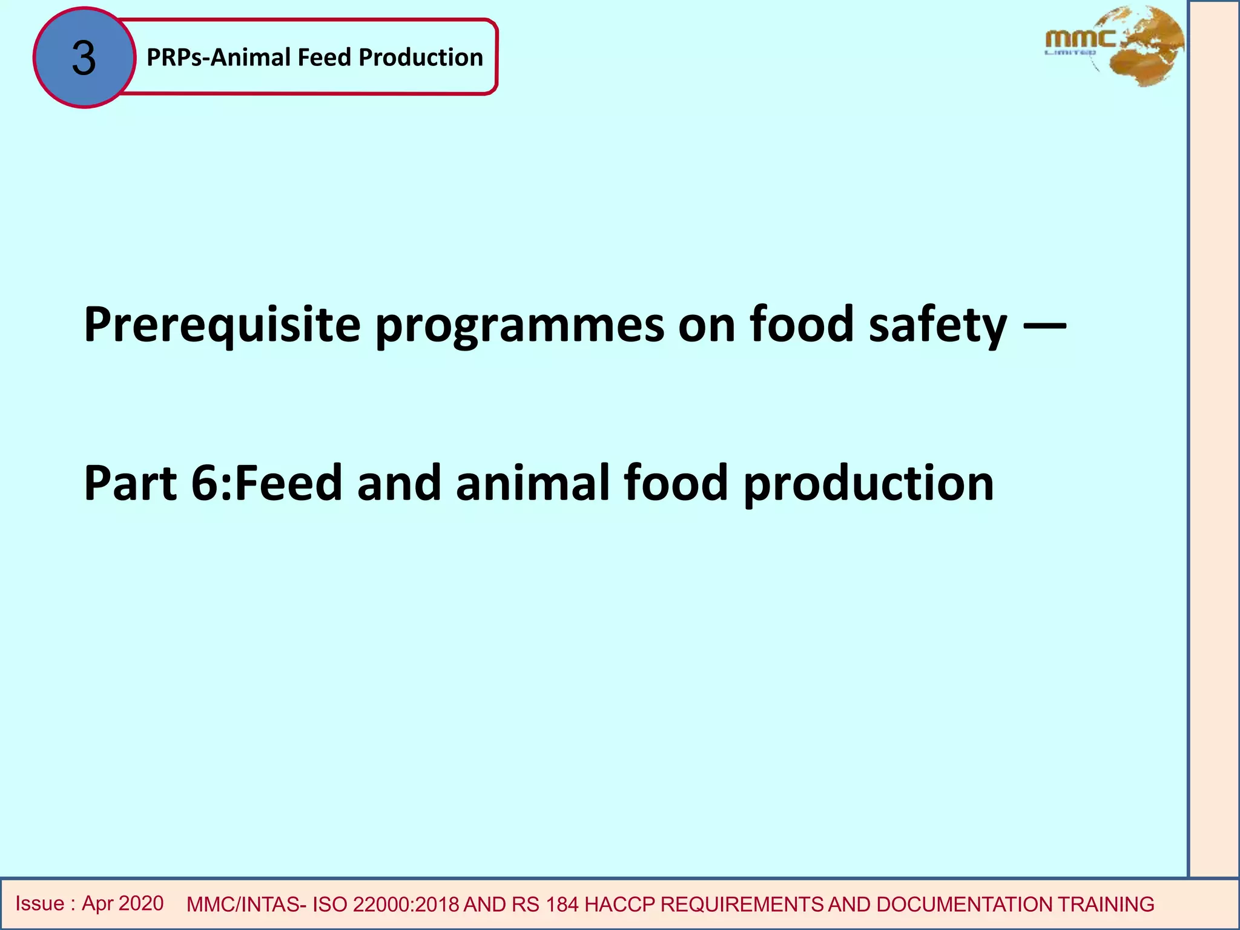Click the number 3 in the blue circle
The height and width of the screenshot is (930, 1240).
(84, 59)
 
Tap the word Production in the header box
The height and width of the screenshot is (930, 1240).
(421, 58)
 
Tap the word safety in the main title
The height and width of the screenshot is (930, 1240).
(938, 325)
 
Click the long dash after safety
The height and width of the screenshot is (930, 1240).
(1044, 325)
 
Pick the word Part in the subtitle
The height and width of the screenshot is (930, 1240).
(130, 483)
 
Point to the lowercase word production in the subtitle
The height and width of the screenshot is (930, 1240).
(868, 483)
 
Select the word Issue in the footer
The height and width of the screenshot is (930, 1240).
(40, 903)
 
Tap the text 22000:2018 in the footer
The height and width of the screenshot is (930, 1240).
(406, 905)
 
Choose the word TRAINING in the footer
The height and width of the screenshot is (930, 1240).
(1106, 905)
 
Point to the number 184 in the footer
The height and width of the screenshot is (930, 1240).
(562, 905)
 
